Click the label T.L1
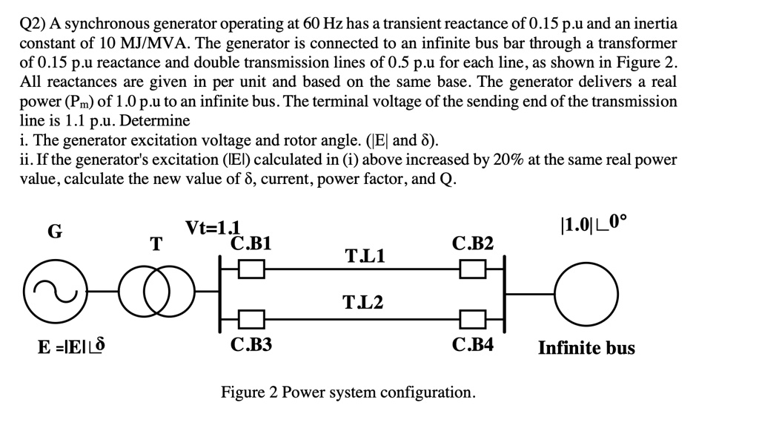click(x=365, y=257)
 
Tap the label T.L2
click(x=363, y=302)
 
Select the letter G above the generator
click(x=55, y=232)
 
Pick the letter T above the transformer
click(x=156, y=244)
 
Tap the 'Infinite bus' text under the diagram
click(x=586, y=347)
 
